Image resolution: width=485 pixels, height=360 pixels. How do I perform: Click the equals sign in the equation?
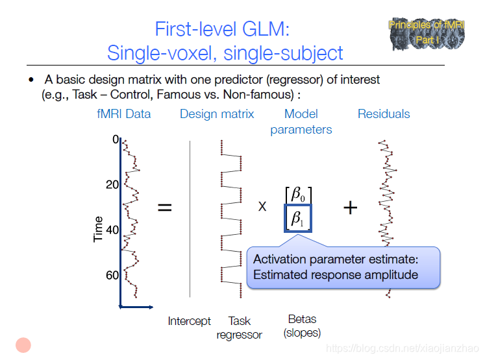click(x=166, y=208)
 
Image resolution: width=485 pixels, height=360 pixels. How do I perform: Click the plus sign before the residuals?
click(x=350, y=208)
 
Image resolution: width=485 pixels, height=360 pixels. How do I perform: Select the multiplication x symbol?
click(x=262, y=207)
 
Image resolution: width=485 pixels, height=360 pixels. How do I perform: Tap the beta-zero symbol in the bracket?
click(x=298, y=194)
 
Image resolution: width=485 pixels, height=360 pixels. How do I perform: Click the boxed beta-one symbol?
click(x=299, y=219)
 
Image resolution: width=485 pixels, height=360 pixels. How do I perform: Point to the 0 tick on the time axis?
click(x=116, y=139)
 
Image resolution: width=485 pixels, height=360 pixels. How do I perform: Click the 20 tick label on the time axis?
click(x=112, y=185)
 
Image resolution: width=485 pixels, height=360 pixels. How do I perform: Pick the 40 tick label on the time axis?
click(x=112, y=230)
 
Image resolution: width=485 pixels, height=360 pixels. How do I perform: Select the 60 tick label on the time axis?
click(x=112, y=275)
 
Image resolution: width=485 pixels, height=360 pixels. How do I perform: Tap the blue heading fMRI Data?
click(x=123, y=114)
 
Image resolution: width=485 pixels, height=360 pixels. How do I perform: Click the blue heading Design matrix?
click(x=217, y=114)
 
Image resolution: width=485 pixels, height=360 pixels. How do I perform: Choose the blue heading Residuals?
click(x=384, y=114)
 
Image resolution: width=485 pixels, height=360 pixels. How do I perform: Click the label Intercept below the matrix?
click(x=189, y=321)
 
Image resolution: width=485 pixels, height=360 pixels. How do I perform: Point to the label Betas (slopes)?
click(x=302, y=326)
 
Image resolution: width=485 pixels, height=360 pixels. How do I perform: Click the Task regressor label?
click(x=239, y=328)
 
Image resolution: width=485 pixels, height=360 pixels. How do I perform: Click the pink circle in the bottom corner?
click(x=24, y=345)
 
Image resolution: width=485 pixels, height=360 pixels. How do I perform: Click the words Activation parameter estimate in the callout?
click(x=336, y=259)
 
